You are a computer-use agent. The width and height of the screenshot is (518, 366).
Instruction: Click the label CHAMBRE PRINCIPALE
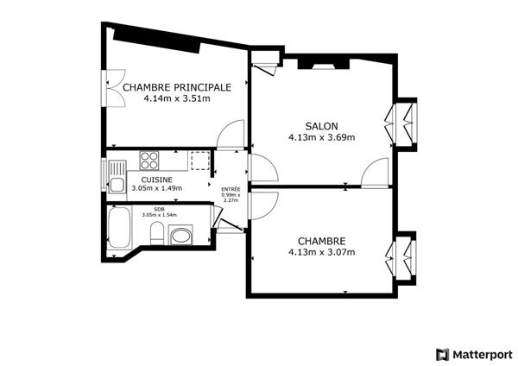point(177,87)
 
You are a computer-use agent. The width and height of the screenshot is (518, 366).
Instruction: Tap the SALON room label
point(321,125)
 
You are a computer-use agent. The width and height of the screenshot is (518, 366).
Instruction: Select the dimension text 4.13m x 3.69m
point(321,136)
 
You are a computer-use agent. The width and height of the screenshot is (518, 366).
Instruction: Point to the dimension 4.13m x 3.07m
point(321,252)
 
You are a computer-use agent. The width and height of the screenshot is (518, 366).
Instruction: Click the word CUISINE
point(144,179)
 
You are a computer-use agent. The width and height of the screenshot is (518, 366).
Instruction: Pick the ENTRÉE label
point(231,189)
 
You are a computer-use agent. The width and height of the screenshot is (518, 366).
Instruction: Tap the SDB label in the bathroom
point(159,209)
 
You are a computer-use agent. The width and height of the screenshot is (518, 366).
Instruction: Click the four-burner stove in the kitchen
point(149,160)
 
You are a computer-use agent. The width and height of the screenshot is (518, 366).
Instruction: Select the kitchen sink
point(113,182)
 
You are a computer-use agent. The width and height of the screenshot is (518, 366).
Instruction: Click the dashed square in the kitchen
point(200,161)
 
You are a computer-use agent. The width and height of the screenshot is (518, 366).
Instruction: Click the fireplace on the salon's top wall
point(321,62)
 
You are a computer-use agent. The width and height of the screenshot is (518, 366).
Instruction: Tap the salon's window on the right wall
point(403,126)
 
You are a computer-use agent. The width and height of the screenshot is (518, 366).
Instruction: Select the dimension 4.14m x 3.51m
point(177,98)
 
